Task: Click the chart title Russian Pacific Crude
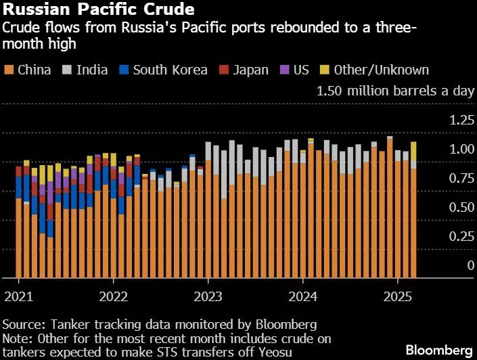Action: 99,10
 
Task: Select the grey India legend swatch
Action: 67,70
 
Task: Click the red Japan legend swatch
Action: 223,70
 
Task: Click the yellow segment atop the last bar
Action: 413,151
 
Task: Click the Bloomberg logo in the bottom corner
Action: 438,349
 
